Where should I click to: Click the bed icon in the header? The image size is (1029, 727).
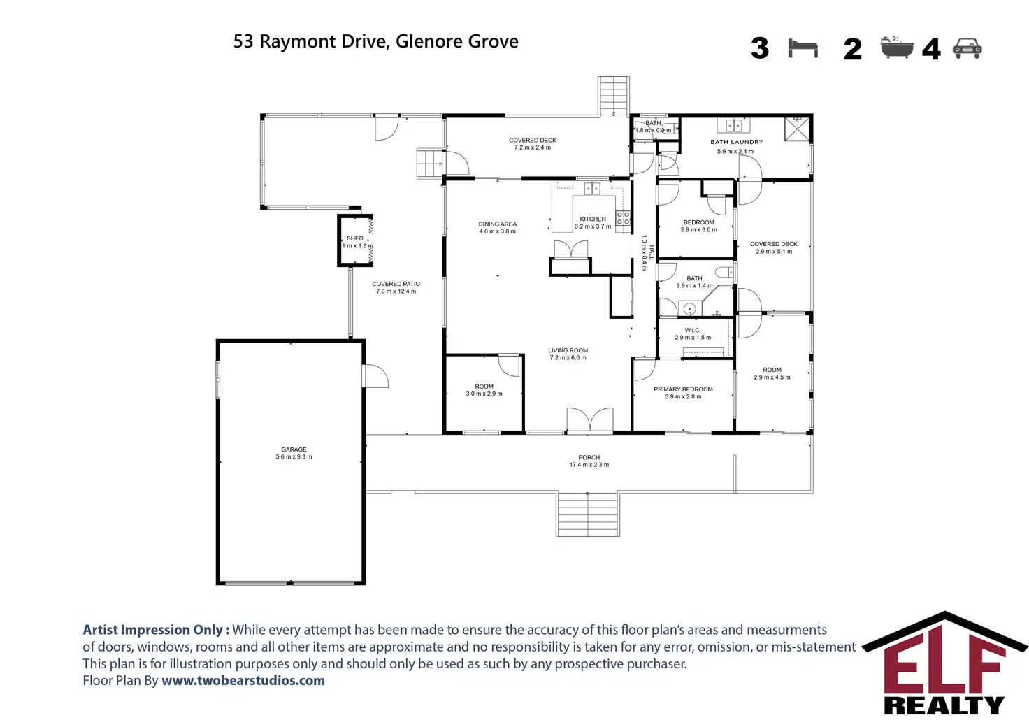(x=803, y=48)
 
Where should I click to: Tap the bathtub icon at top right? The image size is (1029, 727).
(x=897, y=47)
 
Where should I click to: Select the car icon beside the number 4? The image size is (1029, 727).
(x=967, y=48)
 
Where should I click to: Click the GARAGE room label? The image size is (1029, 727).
(x=294, y=449)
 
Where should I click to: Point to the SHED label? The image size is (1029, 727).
(x=355, y=238)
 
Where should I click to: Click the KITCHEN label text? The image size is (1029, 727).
(x=593, y=219)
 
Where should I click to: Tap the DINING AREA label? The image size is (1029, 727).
(x=498, y=224)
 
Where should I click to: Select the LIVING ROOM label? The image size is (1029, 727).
(x=568, y=350)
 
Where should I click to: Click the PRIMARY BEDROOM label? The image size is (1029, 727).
(x=683, y=389)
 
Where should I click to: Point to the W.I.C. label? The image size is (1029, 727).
(x=693, y=330)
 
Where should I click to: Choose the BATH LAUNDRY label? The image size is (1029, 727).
(x=737, y=142)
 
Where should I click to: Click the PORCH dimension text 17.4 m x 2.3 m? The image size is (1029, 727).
(x=589, y=465)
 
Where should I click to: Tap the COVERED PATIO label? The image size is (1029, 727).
(x=396, y=284)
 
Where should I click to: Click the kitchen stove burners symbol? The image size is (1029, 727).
(x=623, y=218)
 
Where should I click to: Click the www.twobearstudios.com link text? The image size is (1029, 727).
(x=243, y=680)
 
